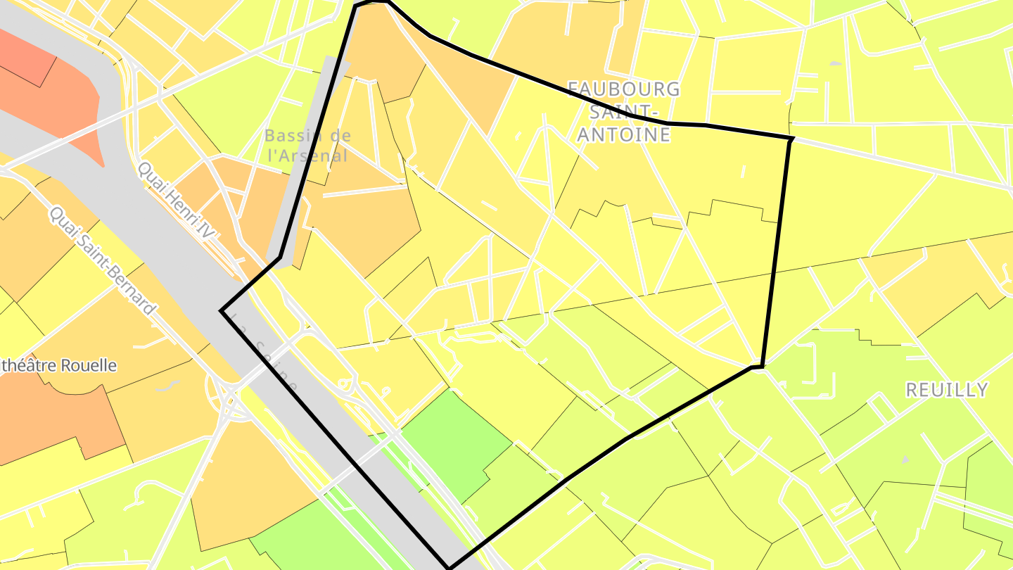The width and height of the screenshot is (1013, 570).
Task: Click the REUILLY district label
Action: click(946, 390)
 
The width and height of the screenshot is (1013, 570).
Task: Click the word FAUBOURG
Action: click(624, 89)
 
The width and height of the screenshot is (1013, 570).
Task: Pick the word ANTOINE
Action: click(624, 134)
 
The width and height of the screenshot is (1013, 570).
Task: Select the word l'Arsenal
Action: click(308, 156)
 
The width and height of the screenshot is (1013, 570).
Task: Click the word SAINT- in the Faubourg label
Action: click(624, 112)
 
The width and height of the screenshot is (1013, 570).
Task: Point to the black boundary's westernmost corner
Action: click(222, 310)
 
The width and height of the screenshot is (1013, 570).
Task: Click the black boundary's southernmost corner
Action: click(449, 567)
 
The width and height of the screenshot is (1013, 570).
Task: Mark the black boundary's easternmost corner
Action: click(793, 139)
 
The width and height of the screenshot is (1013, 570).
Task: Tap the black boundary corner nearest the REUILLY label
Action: click(761, 367)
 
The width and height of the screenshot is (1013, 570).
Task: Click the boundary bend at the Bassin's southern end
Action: click(280, 258)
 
